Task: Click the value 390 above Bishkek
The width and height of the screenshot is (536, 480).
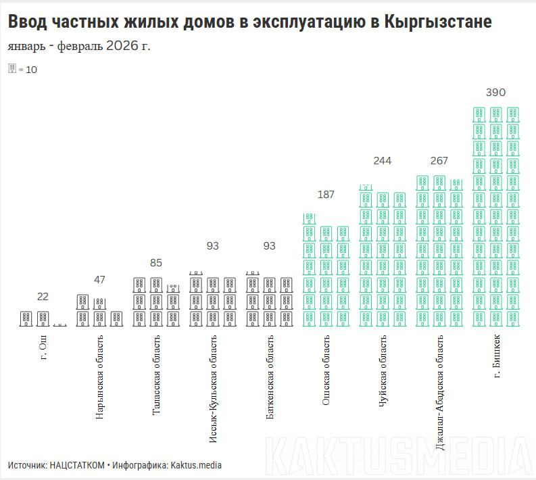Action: pos(495,93)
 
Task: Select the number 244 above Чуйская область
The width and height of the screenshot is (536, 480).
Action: pos(383,161)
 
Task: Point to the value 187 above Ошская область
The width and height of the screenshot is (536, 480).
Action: pos(326,195)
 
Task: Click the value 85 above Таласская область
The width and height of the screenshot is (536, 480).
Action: pos(156,263)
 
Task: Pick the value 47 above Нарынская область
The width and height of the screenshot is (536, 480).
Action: pos(99,280)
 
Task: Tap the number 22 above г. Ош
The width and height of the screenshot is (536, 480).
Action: pos(43,297)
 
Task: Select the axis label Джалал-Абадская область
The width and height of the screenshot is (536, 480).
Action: pos(440,393)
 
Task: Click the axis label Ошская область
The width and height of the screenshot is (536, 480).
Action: pos(326,370)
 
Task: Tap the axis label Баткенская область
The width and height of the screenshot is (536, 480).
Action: pos(270,377)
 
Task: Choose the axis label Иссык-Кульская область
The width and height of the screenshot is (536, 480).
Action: pos(213,389)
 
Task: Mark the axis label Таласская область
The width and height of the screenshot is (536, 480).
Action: pos(156,375)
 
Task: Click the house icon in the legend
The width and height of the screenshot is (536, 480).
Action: pos(11,68)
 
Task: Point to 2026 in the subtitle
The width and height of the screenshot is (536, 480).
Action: pos(121,46)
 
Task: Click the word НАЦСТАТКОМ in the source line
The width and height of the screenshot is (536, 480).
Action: pos(77,465)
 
